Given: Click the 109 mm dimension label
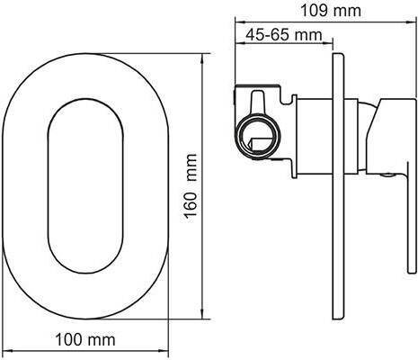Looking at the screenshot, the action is tap(331, 11).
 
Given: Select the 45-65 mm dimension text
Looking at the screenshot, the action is tap(284, 35).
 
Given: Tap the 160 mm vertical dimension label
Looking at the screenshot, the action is tap(191, 186).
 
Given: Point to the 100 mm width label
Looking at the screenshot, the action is tap(85, 339).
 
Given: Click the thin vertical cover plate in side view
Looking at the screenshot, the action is tap(339, 186).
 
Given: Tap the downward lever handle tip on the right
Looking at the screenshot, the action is tap(412, 270).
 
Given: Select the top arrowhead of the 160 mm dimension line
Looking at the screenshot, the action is tap(203, 58).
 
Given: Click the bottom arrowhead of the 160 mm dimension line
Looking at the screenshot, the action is tap(203, 314).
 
